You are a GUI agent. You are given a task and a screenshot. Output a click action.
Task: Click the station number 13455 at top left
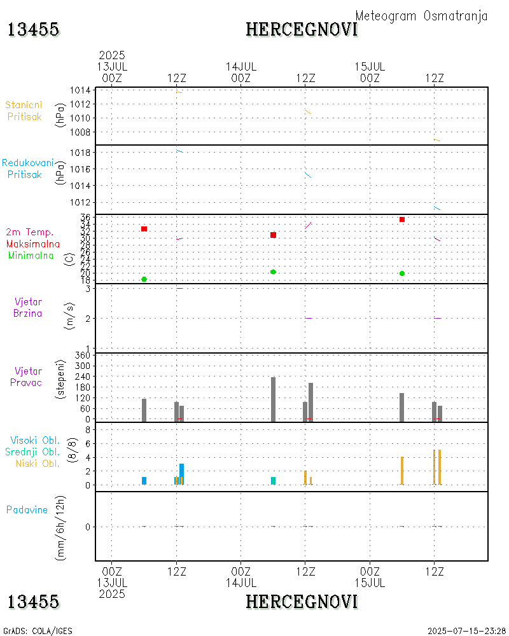pos(34,29)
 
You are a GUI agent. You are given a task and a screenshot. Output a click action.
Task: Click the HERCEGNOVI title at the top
pos(302,29)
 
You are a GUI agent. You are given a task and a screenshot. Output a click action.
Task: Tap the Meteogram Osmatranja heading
pos(421,17)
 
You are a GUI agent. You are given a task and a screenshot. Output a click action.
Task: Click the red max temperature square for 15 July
pos(402,219)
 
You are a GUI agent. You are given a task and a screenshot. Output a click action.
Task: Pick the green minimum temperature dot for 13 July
pos(144,279)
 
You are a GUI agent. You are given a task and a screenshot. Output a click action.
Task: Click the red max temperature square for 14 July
pos(273,235)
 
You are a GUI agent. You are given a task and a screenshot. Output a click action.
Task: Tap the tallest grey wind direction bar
pos(273,399)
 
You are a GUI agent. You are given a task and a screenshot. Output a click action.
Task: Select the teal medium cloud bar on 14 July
pos(273,481)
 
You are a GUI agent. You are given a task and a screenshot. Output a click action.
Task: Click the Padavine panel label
pos(27,509)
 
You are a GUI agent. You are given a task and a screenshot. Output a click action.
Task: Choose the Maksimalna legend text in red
pos(33,244)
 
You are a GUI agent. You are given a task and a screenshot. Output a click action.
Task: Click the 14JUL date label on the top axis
pos(241,66)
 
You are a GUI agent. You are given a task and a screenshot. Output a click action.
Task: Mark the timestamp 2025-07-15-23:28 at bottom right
pos(466,631)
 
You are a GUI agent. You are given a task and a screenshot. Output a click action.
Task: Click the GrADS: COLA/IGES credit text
pos(38,631)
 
